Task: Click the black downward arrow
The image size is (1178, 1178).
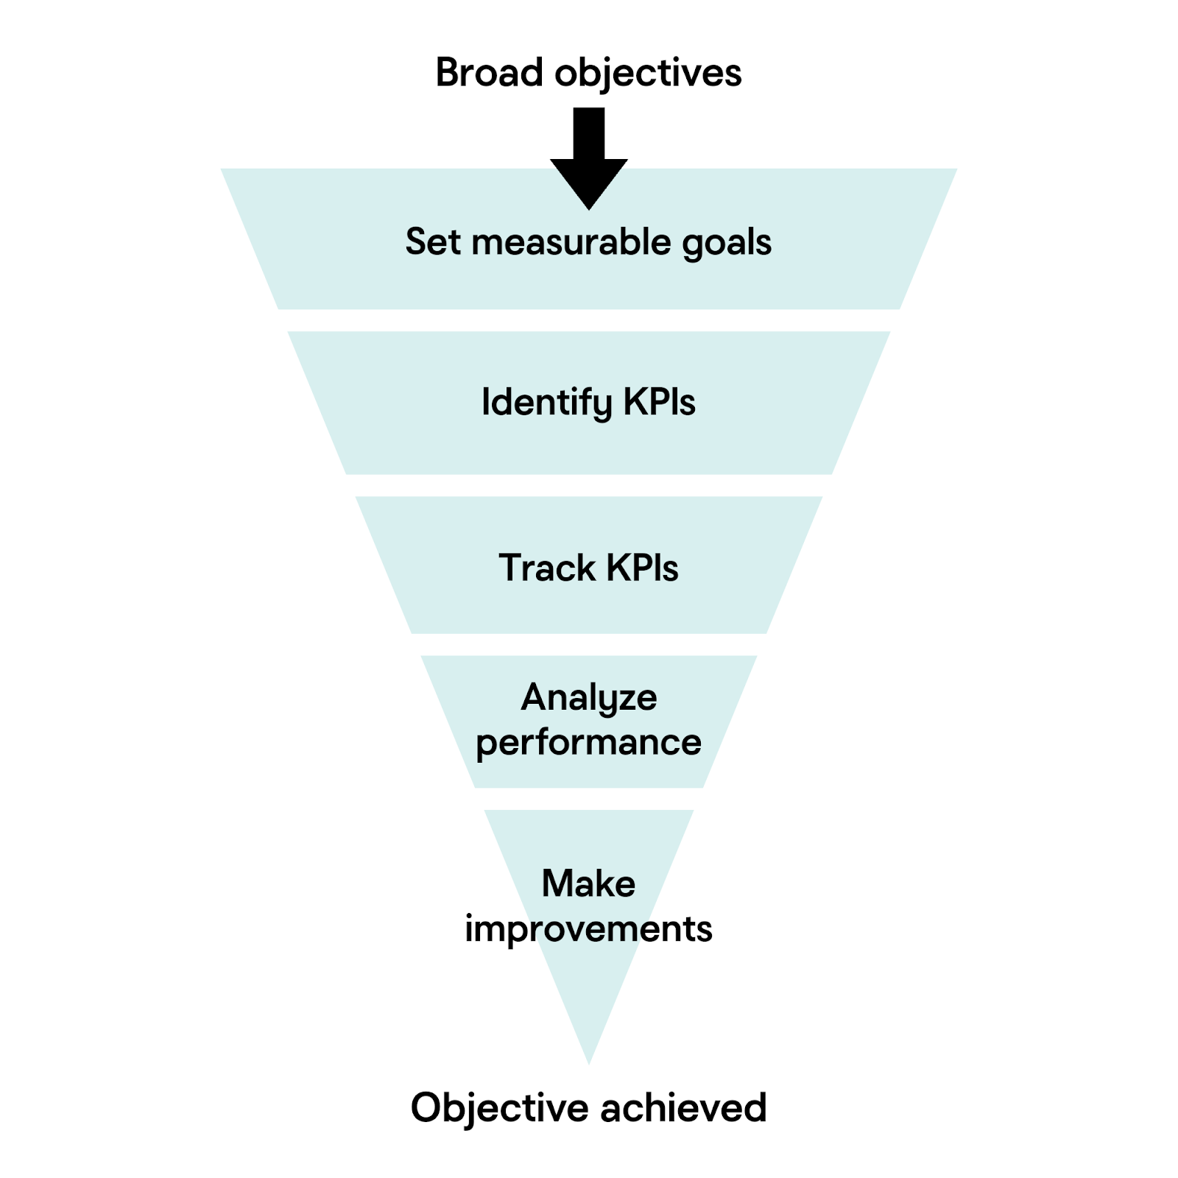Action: pyautogui.click(x=589, y=158)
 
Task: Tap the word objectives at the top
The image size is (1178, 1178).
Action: pyautogui.click(x=648, y=73)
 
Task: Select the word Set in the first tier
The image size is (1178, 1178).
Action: pyautogui.click(x=433, y=241)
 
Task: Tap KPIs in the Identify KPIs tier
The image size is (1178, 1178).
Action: pyautogui.click(x=659, y=402)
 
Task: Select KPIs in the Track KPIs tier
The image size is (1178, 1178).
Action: pyautogui.click(x=642, y=568)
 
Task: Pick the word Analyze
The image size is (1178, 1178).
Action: pyautogui.click(x=589, y=697)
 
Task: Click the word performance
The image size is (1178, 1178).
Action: pyautogui.click(x=589, y=742)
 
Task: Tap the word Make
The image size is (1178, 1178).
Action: pyautogui.click(x=589, y=883)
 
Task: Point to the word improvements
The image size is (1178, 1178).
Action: pyautogui.click(x=589, y=929)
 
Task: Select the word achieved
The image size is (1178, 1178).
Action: pyautogui.click(x=684, y=1107)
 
